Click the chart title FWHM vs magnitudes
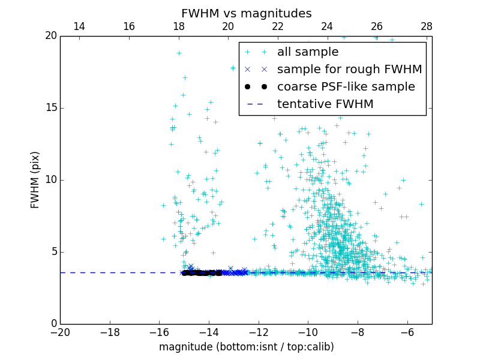(x=246, y=13)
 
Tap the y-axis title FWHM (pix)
(x=35, y=179)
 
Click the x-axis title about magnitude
(x=246, y=347)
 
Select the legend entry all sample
(x=308, y=52)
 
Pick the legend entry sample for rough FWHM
(x=349, y=70)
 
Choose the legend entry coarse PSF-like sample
(x=346, y=87)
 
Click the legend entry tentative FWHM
(x=325, y=104)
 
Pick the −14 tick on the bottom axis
(x=209, y=332)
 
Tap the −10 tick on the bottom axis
(x=308, y=332)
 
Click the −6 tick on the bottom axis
(x=407, y=332)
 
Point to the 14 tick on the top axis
(x=79, y=26)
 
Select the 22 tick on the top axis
(x=278, y=26)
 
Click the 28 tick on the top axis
(x=427, y=26)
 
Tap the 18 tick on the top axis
(x=178, y=26)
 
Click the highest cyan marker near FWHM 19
(x=179, y=53)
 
